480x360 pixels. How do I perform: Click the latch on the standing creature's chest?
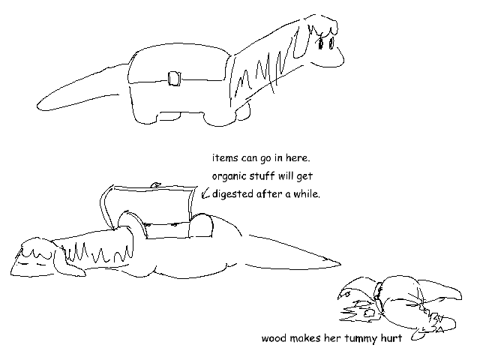tap(174, 79)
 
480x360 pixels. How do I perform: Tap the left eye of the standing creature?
tap(321, 43)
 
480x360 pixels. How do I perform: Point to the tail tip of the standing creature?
tap(38, 106)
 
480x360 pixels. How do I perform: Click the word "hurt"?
tap(391, 338)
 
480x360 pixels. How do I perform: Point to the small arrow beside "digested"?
tap(205, 193)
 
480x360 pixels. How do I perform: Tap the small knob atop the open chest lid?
tap(156, 185)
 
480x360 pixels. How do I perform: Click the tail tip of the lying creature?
tap(339, 263)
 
